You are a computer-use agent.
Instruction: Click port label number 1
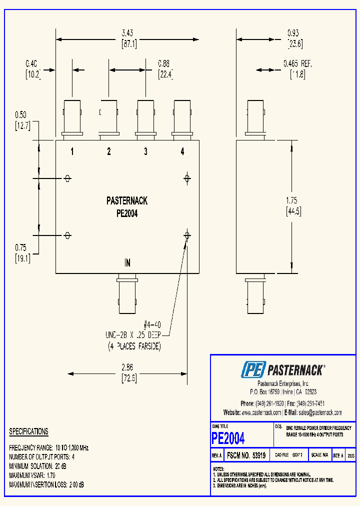72,151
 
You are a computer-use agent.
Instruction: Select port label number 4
182,151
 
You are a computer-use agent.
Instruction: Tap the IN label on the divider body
127,263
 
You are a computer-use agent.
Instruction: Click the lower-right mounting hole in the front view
187,235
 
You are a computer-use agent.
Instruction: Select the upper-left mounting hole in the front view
67,178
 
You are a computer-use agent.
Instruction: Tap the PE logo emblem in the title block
253,370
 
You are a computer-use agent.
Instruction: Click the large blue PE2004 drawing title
228,438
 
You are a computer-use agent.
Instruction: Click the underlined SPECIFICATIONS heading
28,431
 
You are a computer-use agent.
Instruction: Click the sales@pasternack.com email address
320,412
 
